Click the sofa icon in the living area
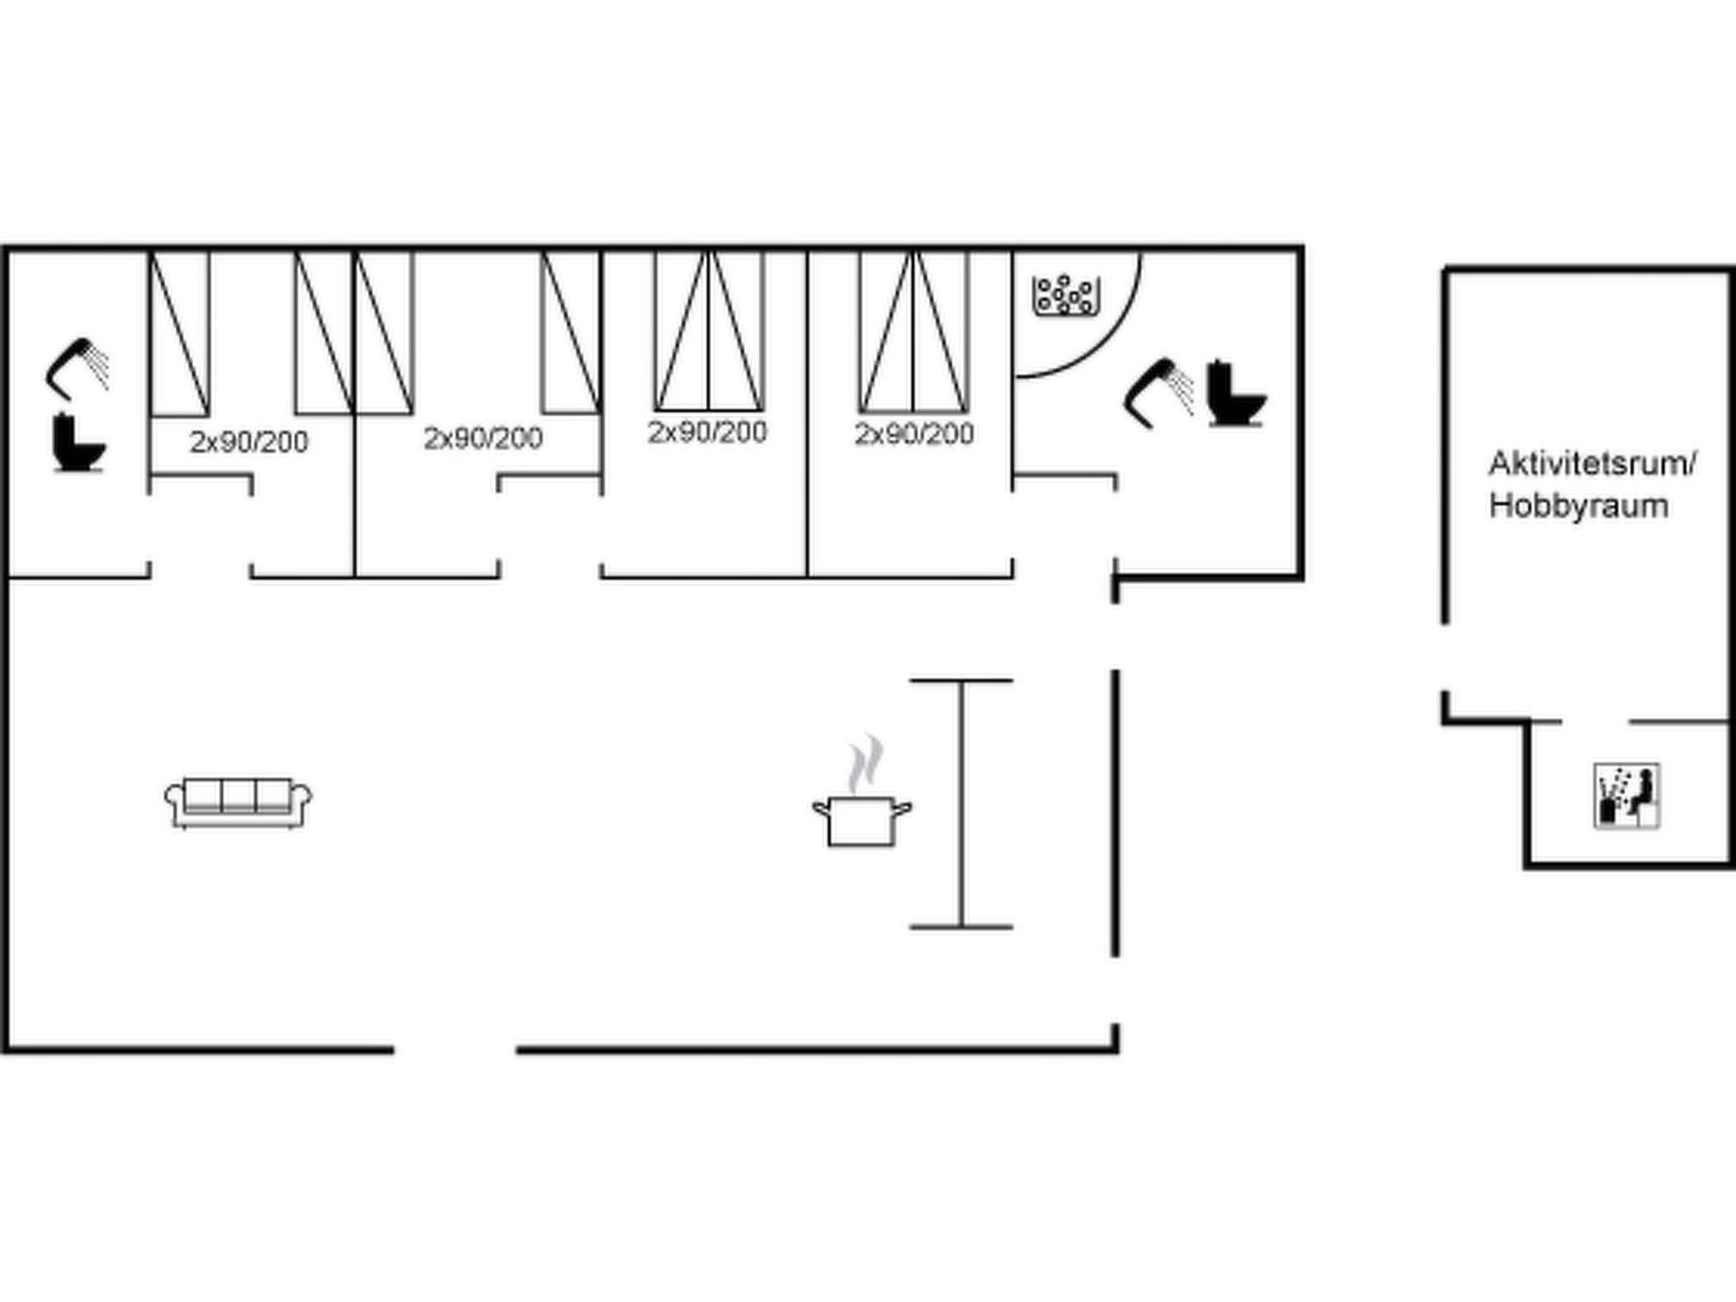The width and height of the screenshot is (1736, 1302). (x=238, y=802)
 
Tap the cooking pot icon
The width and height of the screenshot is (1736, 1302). (x=862, y=821)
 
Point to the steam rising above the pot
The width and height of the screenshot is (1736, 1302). (x=865, y=763)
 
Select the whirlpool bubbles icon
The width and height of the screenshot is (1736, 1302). (x=1066, y=296)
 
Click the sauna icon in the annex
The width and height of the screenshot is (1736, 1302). (x=1627, y=796)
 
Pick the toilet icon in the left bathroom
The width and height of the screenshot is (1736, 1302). (x=79, y=442)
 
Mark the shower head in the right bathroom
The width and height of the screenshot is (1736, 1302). (x=1158, y=392)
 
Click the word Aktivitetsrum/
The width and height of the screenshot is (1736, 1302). (x=1592, y=464)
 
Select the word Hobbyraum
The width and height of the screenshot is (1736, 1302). (x=1578, y=506)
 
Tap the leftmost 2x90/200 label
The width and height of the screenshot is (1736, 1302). (x=249, y=442)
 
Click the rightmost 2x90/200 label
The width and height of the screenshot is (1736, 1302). (x=914, y=434)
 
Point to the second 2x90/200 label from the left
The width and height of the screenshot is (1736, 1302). (x=483, y=438)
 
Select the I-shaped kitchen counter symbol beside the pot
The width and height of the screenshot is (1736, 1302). (x=961, y=804)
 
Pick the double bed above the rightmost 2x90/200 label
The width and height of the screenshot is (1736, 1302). (x=914, y=331)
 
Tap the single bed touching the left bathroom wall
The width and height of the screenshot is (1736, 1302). (x=180, y=334)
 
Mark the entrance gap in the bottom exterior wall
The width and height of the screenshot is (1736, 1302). (x=455, y=1050)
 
